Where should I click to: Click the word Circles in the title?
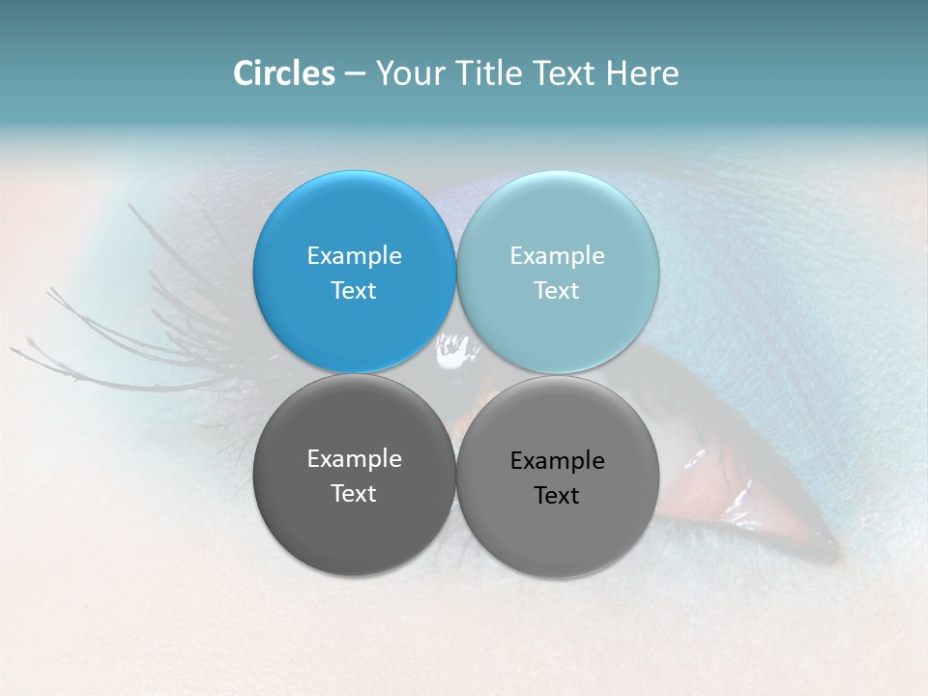(x=284, y=73)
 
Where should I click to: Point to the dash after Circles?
(x=355, y=74)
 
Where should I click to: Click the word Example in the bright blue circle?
(x=354, y=256)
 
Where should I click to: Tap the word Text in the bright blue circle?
(x=354, y=291)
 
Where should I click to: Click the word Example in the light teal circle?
(x=558, y=256)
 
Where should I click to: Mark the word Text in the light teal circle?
(x=558, y=291)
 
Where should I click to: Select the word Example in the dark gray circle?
(x=354, y=459)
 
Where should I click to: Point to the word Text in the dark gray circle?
(x=354, y=494)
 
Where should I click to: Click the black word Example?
(x=558, y=461)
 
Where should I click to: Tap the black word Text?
(x=558, y=496)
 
